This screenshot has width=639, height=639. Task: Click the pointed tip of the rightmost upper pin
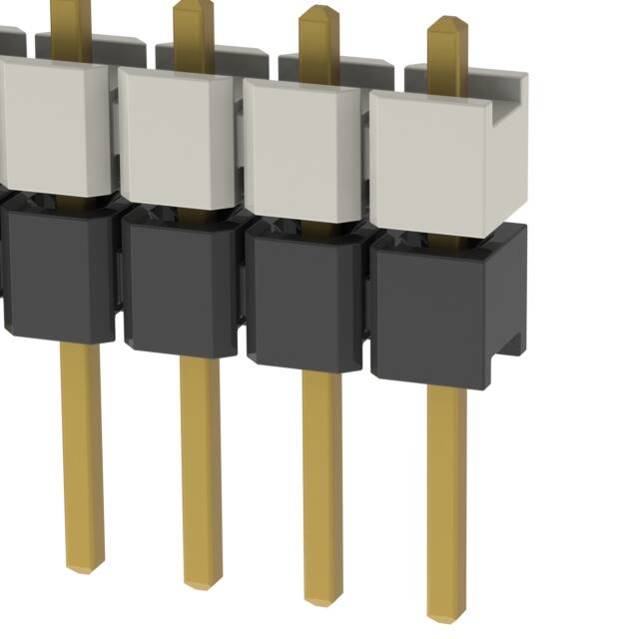(447, 22)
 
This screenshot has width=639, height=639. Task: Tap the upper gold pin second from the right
(319, 40)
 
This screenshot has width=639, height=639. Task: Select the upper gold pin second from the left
(193, 35)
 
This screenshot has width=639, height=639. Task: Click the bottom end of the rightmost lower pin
(446, 611)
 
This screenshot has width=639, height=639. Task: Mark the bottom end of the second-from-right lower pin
(322, 596)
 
